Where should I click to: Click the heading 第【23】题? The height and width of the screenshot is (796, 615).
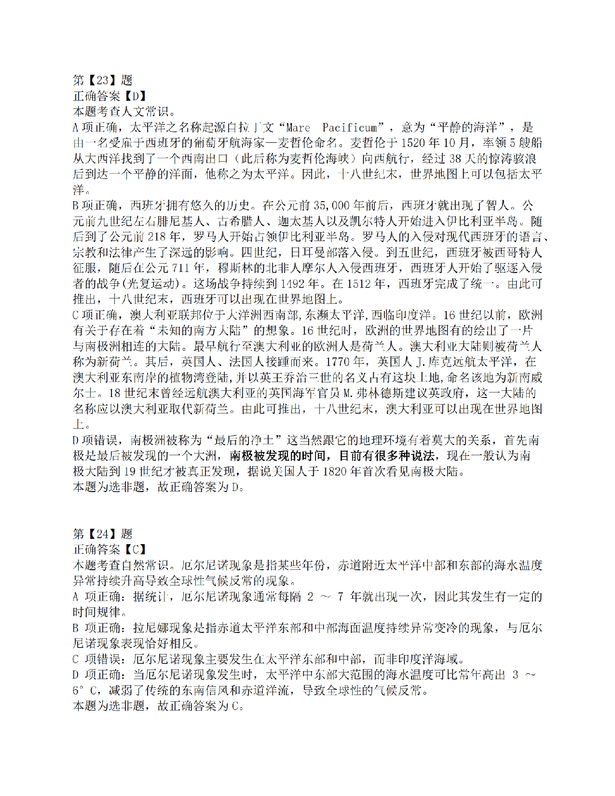click(x=102, y=80)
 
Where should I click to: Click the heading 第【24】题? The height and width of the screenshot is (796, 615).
click(x=102, y=534)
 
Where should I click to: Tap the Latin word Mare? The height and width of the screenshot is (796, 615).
click(x=298, y=127)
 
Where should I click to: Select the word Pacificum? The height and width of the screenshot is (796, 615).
click(x=350, y=127)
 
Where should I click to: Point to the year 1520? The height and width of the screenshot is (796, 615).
click(x=413, y=143)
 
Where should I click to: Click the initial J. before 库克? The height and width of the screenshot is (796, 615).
click(x=420, y=362)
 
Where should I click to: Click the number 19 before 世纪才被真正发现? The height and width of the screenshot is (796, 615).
click(x=129, y=471)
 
